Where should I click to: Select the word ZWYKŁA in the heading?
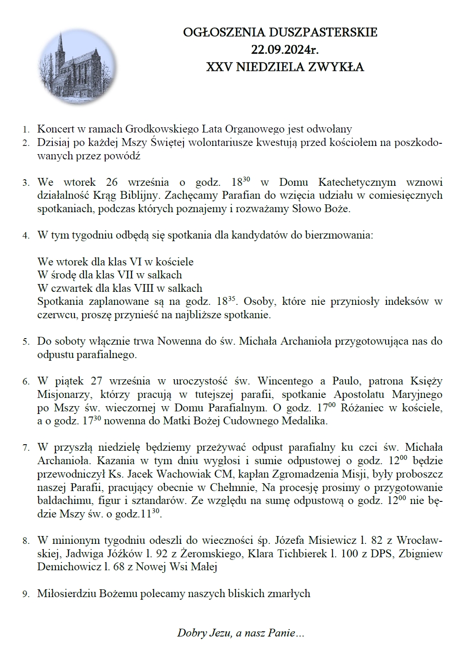339,67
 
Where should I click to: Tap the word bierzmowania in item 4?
340,236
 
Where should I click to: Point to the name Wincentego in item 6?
285,381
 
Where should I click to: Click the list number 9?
26,594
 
